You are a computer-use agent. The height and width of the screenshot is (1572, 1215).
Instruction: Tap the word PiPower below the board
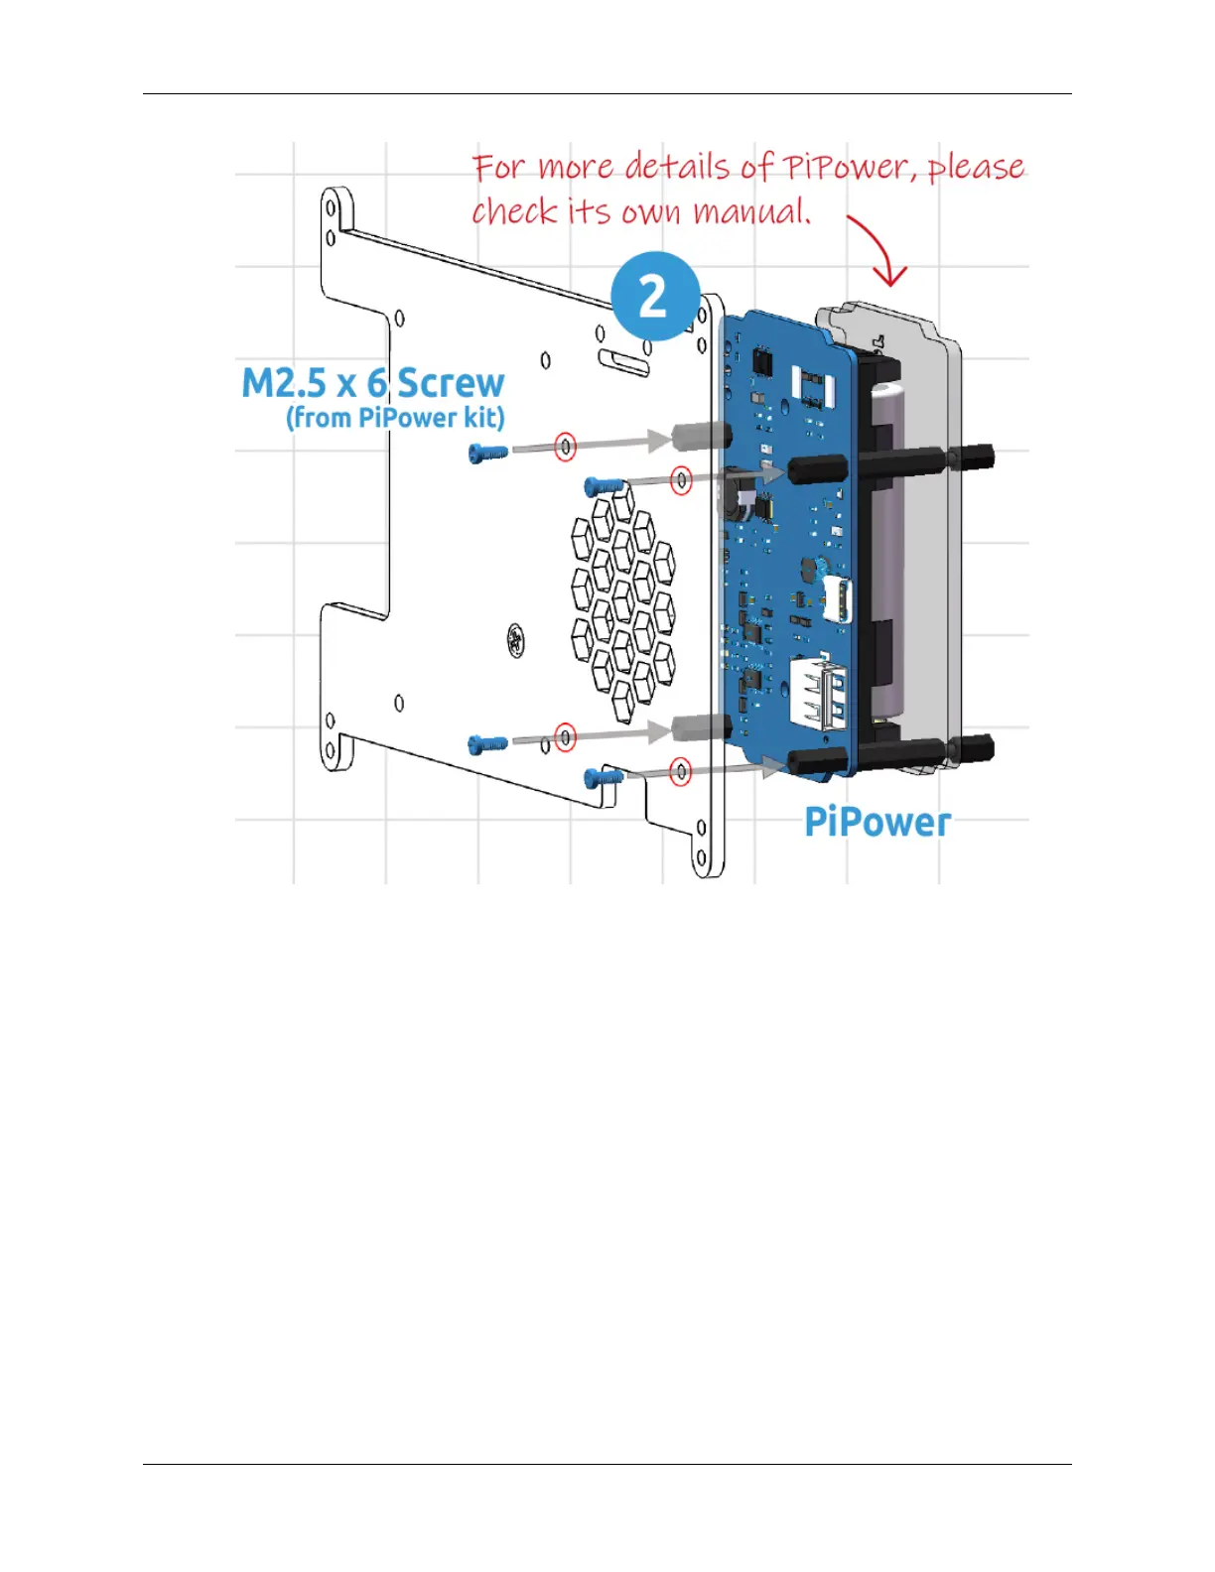click(877, 822)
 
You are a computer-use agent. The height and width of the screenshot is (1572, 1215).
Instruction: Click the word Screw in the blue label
click(451, 383)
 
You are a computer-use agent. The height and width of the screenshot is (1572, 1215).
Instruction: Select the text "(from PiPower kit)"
click(395, 418)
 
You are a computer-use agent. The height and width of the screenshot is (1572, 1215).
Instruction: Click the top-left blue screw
click(487, 453)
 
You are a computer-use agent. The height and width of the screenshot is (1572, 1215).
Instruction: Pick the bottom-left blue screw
click(487, 742)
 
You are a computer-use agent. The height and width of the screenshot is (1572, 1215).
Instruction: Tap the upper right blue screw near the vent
click(604, 485)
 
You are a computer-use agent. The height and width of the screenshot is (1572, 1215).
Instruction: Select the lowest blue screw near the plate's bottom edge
click(604, 777)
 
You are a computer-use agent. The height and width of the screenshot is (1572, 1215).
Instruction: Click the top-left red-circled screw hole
click(565, 448)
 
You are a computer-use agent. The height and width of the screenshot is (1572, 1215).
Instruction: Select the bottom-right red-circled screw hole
click(680, 771)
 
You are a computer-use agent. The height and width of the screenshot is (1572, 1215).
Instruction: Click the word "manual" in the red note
click(750, 211)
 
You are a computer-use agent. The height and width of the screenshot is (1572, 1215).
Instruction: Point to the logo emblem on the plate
click(516, 638)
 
